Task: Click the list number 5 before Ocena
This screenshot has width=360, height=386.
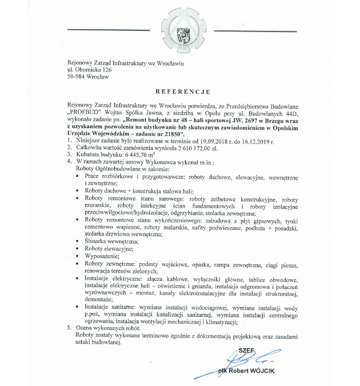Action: (69, 328)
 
